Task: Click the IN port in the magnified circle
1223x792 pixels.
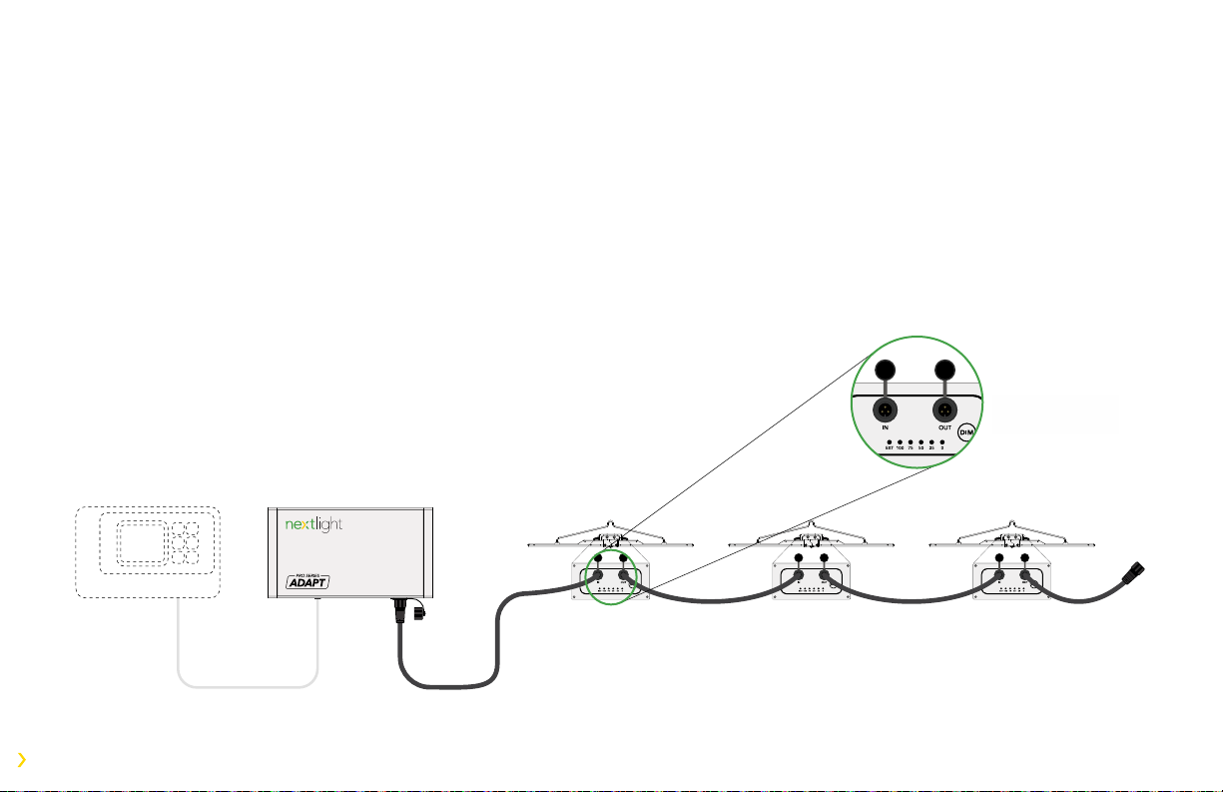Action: [x=884, y=409]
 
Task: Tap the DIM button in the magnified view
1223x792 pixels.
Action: [x=966, y=432]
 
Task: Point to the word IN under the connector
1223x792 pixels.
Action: [x=884, y=425]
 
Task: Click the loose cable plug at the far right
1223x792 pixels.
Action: [x=1136, y=576]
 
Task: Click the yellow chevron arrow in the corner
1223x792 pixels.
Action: [x=22, y=760]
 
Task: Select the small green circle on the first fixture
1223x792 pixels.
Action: [x=610, y=577]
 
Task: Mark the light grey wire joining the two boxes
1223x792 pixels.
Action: [x=248, y=686]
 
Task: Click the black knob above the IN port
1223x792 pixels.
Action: [x=884, y=370]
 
